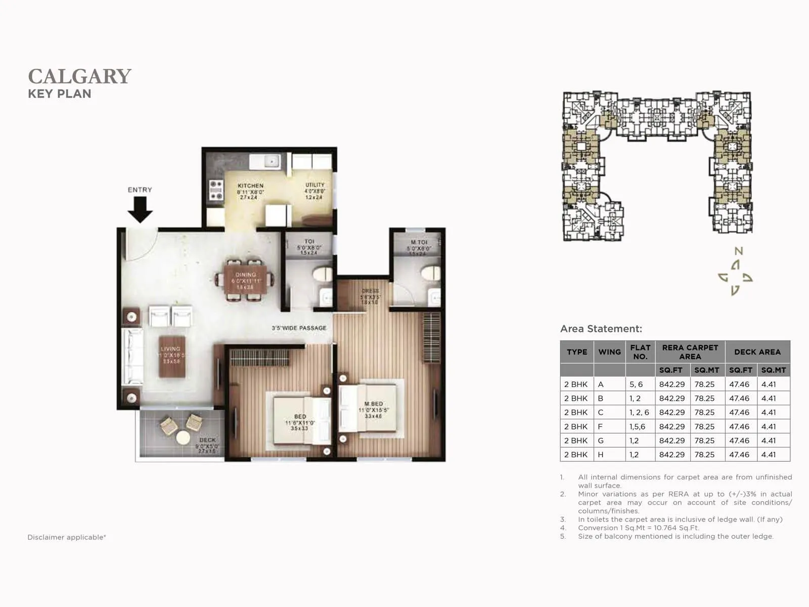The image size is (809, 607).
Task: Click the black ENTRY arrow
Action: click(140, 209)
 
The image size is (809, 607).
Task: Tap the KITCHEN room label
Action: click(250, 186)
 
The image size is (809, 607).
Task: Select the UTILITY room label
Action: click(314, 185)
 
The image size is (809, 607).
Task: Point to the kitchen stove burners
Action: click(216, 190)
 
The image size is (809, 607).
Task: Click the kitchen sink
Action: click(272, 161)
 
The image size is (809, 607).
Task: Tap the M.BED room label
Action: click(374, 404)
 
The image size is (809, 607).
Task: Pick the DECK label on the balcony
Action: click(207, 440)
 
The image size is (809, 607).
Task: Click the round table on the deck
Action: click(183, 438)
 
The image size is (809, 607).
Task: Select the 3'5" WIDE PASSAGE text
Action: click(299, 328)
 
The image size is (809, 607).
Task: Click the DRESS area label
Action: click(370, 291)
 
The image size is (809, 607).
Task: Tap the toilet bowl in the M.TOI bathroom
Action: click(431, 273)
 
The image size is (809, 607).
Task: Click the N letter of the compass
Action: click(739, 251)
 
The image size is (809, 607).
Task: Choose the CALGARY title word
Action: click(80, 76)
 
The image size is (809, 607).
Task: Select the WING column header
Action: click(609, 352)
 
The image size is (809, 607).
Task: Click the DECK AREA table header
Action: click(757, 352)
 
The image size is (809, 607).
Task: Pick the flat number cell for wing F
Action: click(637, 426)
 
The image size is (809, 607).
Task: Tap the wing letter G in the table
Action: click(601, 441)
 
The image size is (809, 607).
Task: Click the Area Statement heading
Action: click(601, 329)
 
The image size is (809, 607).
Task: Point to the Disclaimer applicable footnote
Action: click(67, 537)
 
